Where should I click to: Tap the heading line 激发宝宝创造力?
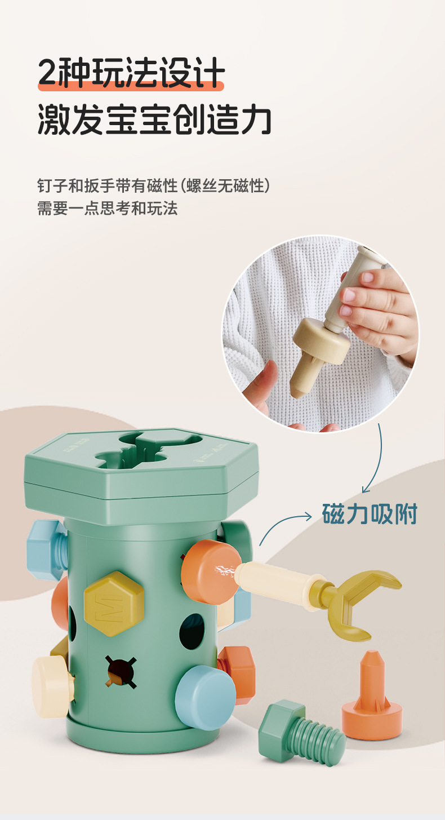154,120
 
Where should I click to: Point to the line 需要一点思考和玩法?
107,208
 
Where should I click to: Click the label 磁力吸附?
370,514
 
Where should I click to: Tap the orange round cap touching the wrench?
210,571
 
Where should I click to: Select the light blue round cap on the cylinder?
204,697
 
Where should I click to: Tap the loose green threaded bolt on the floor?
301,732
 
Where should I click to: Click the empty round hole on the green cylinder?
192,631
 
